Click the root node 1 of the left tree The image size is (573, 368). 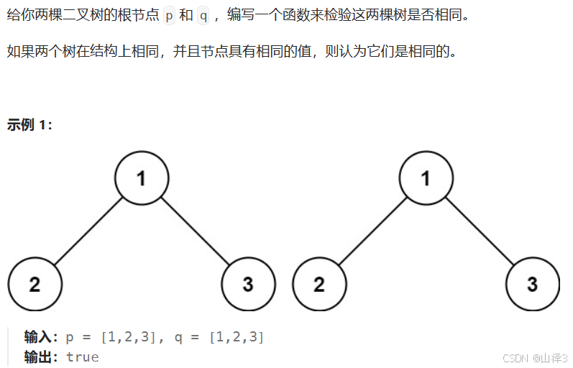pyautogui.click(x=142, y=178)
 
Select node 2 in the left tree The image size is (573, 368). pyautogui.click(x=35, y=284)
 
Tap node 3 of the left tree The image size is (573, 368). pyautogui.click(x=248, y=284)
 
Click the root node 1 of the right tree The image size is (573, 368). pyautogui.click(x=426, y=178)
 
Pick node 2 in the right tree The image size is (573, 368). pyautogui.click(x=319, y=284)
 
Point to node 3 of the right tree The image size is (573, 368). pyautogui.click(x=532, y=284)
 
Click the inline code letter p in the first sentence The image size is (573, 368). pyautogui.click(x=169, y=14)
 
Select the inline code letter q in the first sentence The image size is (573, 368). pyautogui.click(x=203, y=14)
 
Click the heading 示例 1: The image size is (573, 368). pyautogui.click(x=29, y=124)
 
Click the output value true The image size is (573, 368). pyautogui.click(x=82, y=356)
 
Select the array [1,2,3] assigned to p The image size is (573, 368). pyautogui.click(x=129, y=336)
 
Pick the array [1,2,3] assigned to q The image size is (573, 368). pyautogui.click(x=237, y=336)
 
